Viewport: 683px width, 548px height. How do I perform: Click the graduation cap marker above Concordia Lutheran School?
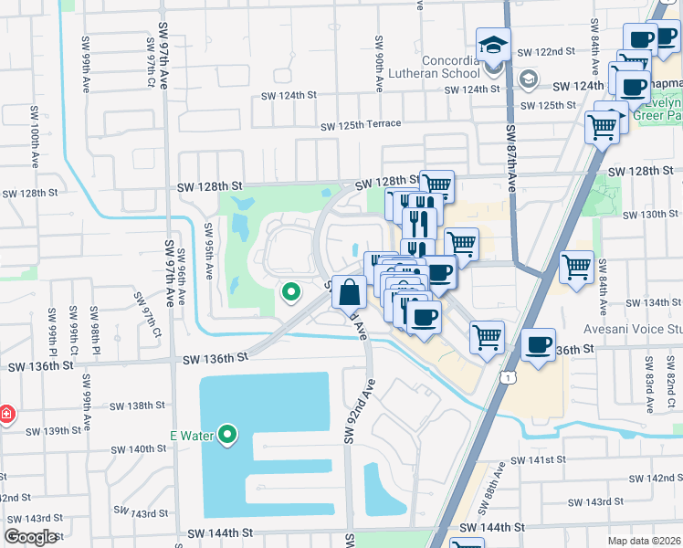point(493,45)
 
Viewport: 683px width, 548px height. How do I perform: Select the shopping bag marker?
point(349,293)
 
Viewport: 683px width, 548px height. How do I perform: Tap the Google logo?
point(31,537)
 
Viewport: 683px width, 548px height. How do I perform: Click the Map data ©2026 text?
point(645,541)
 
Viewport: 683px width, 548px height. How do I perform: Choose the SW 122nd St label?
point(546,52)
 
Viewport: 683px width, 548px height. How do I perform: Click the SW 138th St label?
point(136,405)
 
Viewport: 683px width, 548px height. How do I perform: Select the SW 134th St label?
point(652,302)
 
